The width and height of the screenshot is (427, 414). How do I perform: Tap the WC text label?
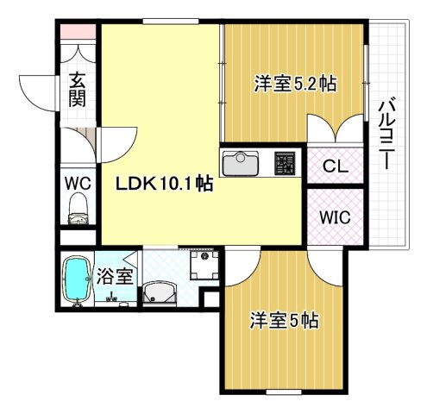click(x=77, y=182)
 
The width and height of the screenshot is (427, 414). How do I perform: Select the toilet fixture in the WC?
click(x=78, y=207)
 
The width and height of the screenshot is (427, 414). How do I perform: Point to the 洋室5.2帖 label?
click(x=295, y=85)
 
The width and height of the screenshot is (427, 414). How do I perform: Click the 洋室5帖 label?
click(x=286, y=321)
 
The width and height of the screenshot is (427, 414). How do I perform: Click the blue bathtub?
click(x=78, y=280)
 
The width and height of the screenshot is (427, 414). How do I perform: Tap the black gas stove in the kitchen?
click(x=284, y=162)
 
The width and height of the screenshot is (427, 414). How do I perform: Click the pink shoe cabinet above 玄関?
click(x=78, y=35)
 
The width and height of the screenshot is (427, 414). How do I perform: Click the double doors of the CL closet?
click(x=337, y=132)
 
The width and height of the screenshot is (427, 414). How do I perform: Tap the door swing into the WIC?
click(x=329, y=263)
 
